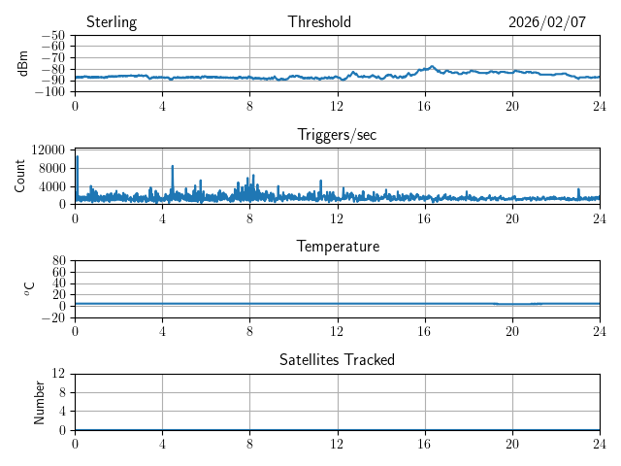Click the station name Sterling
112,22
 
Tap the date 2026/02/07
547,22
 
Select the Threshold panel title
319,22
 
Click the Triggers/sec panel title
337,135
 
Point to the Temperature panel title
338,247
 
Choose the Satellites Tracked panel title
337,359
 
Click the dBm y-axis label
24,63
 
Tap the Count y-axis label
20,176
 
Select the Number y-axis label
40,401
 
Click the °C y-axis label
29,288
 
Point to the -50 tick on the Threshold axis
53,35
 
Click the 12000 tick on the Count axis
48,150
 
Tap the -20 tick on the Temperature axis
53,317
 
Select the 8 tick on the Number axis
63,392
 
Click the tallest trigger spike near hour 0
77,156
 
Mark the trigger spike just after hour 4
173,166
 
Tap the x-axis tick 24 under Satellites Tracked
600,443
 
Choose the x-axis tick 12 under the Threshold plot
338,105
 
